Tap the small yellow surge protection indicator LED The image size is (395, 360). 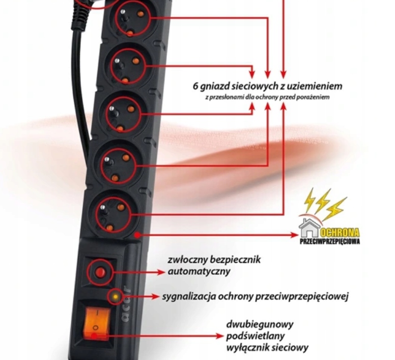(x=115, y=296)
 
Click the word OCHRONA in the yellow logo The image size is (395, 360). (x=340, y=233)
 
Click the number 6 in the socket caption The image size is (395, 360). (x=195, y=86)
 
